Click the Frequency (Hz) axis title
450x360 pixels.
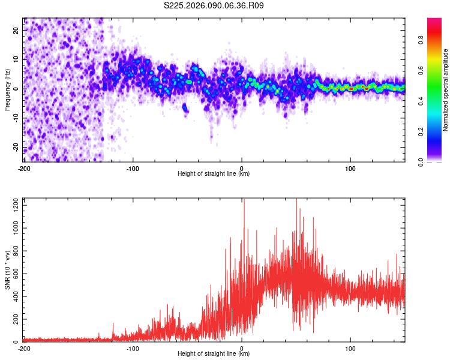[x=7, y=90]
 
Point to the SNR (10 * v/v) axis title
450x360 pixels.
[x=7, y=270]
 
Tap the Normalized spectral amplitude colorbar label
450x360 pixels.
[x=445, y=90]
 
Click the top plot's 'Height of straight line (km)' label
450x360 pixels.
[x=214, y=173]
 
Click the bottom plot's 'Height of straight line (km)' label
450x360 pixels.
[x=214, y=353]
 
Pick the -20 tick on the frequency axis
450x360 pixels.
[x=15, y=148]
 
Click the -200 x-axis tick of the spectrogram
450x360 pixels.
[x=24, y=168]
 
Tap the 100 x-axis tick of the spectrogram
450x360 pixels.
[x=350, y=168]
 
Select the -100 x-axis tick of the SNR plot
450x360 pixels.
[x=133, y=348]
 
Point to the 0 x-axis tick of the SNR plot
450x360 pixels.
[x=242, y=348]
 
